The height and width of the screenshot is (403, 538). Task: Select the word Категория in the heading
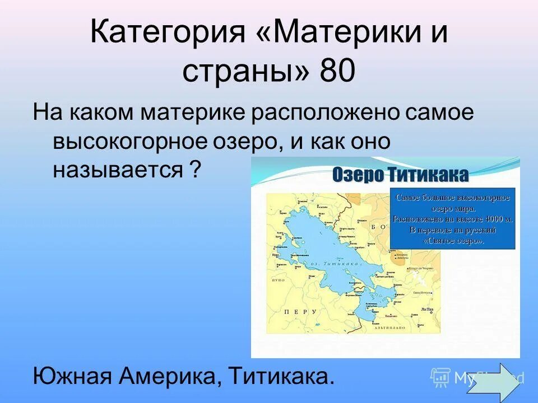tap(168, 35)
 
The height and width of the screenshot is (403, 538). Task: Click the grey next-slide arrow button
tap(500, 381)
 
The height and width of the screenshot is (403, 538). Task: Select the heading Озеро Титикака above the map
tap(400, 175)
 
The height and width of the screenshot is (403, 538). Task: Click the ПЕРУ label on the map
tap(297, 312)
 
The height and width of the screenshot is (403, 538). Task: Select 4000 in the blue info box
tap(494, 219)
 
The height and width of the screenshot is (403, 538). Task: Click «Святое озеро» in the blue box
tap(452, 240)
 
